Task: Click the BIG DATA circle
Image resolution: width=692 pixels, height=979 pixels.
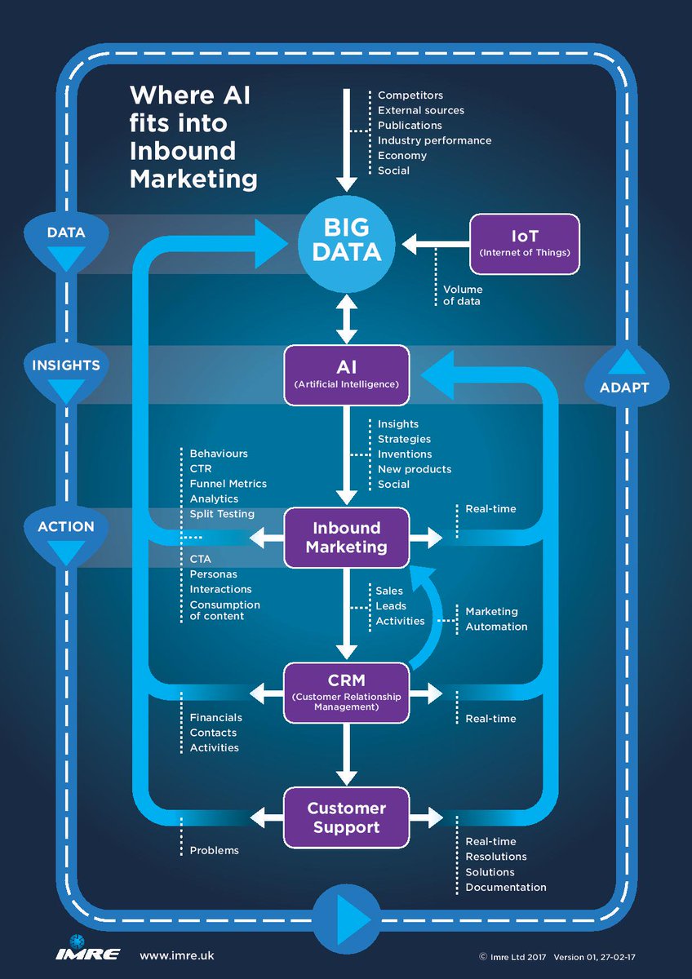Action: point(347,239)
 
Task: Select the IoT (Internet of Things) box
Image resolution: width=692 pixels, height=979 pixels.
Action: point(524,242)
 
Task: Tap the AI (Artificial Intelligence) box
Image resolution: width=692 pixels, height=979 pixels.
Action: point(347,374)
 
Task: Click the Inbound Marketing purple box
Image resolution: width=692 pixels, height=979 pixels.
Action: point(347,537)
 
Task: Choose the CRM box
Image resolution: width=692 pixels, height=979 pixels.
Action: point(347,693)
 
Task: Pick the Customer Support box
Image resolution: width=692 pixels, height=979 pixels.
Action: point(347,817)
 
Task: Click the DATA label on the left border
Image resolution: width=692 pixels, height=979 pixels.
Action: point(66,233)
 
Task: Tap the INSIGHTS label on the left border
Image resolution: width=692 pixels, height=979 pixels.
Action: point(66,365)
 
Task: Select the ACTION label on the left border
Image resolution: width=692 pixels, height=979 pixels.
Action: point(66,527)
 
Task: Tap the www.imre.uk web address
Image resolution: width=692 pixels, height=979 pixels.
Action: point(177,955)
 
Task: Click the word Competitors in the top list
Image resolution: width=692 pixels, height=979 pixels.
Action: point(410,95)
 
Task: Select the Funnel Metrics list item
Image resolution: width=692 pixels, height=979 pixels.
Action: point(228,483)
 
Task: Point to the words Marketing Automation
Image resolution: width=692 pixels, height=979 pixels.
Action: point(496,619)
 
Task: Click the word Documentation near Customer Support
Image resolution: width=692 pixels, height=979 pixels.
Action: point(506,887)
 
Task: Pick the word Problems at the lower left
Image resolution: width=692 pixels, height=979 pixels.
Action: point(215,850)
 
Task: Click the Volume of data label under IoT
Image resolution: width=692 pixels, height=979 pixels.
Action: point(463,295)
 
